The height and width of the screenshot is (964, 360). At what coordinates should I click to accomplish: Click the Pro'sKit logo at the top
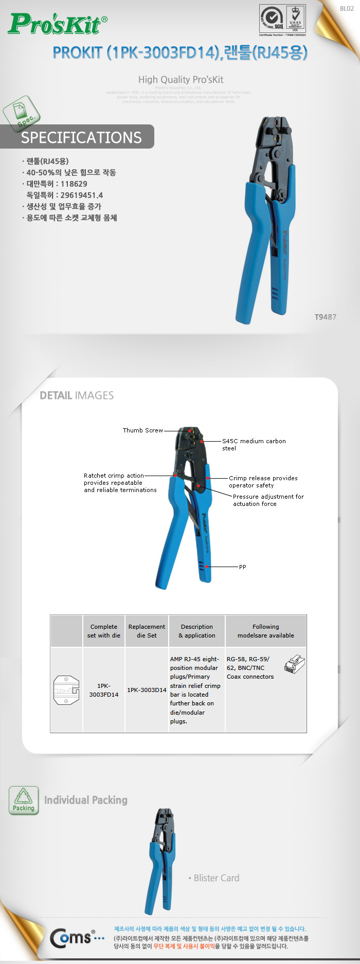(x=58, y=24)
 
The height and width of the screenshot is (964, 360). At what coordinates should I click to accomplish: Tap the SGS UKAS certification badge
(x=282, y=20)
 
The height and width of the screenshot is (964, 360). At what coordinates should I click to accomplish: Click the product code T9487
(x=325, y=317)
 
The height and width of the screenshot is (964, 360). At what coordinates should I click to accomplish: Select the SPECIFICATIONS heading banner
(x=81, y=137)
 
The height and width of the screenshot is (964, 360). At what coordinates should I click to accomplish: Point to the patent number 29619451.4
(x=81, y=195)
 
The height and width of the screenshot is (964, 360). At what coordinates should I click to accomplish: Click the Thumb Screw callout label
(x=142, y=430)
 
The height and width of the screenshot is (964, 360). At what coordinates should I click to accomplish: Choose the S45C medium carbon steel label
(x=254, y=445)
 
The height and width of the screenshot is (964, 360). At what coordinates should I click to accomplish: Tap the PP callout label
(x=242, y=567)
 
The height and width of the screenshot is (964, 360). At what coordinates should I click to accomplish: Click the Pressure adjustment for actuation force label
(x=268, y=500)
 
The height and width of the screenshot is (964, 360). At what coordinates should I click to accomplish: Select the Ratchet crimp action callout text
(x=120, y=483)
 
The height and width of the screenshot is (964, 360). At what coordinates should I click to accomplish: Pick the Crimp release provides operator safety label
(x=263, y=482)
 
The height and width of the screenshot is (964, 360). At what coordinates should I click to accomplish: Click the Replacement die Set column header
(x=147, y=631)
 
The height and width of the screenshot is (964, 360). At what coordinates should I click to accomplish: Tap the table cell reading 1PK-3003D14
(x=147, y=690)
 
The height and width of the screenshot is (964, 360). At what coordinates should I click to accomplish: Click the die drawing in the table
(x=66, y=690)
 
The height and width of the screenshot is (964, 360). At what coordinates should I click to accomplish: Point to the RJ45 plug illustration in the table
(x=294, y=664)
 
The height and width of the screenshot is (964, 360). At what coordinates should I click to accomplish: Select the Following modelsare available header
(x=265, y=631)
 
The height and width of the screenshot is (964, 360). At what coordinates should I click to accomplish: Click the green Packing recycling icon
(x=24, y=800)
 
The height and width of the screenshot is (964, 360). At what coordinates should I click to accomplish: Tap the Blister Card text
(x=216, y=878)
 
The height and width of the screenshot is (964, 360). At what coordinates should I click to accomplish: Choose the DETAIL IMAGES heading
(x=77, y=395)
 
